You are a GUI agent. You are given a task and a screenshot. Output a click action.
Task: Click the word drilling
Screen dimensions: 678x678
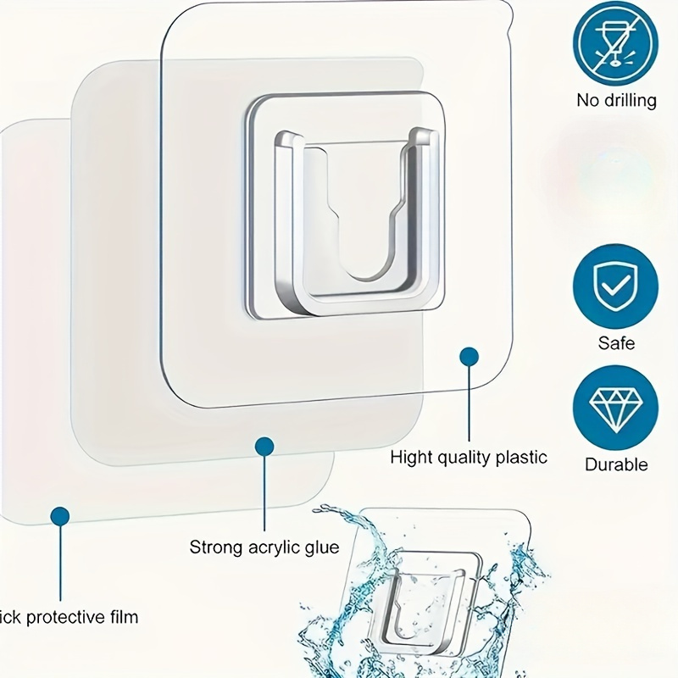click(628, 100)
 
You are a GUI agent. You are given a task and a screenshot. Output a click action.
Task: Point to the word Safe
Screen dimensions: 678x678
click(616, 343)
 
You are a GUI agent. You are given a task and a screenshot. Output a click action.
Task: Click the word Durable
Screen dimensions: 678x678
click(616, 464)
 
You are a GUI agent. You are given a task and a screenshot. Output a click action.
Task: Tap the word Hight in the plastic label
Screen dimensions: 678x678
click(411, 458)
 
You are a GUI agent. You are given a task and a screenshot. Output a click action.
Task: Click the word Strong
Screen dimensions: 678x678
click(215, 547)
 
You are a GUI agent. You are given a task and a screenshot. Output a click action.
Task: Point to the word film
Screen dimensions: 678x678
click(123, 616)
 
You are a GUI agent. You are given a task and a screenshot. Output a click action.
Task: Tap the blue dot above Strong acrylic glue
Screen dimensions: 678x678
click(264, 444)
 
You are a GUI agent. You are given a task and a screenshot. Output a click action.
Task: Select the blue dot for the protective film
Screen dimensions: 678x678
click(59, 514)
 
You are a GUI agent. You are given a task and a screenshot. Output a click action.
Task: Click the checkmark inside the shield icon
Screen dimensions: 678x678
click(616, 286)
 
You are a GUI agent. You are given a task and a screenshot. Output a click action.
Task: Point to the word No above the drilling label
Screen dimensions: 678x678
click(588, 100)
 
